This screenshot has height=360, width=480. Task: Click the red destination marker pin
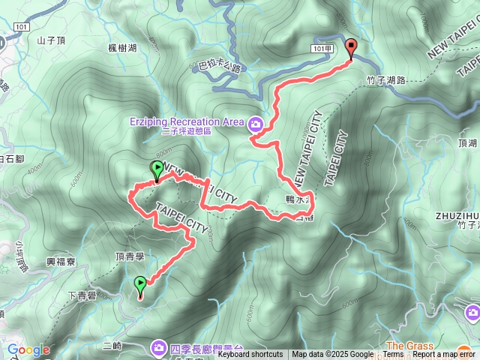[351, 47]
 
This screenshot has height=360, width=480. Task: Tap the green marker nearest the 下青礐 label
[140, 284]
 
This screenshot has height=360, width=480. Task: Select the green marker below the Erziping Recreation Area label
[157, 170]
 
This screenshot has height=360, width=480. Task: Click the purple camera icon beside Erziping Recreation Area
[256, 123]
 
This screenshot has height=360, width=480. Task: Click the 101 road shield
[21, 26]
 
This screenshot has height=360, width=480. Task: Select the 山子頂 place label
[52, 40]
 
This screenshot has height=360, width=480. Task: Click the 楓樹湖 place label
[122, 48]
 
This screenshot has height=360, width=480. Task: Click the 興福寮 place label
[61, 262]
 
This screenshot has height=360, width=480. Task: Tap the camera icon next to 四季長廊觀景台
[159, 346]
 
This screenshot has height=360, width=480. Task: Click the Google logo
[28, 350]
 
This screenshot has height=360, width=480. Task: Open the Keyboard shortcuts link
[250, 355]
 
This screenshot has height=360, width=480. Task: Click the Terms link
[393, 355]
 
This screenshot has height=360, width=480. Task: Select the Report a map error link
[445, 355]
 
